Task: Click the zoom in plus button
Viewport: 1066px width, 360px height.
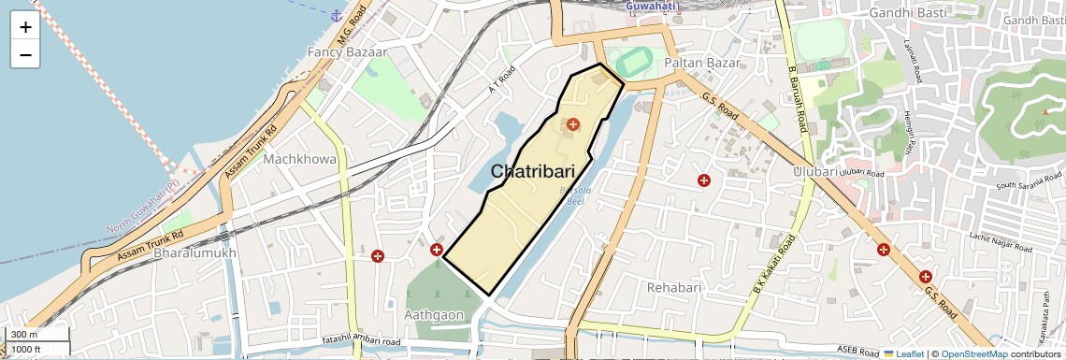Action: click(x=25, y=27)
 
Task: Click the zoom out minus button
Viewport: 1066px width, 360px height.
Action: click(x=25, y=55)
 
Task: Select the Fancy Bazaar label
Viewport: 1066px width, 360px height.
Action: click(x=346, y=53)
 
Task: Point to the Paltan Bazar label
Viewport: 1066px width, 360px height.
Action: click(x=701, y=63)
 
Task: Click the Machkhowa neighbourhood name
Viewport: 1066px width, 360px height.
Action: click(x=300, y=159)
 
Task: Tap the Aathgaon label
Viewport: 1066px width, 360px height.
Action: click(x=435, y=315)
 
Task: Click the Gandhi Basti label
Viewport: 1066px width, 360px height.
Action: click(x=908, y=13)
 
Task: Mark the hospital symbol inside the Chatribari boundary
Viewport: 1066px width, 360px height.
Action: click(x=572, y=124)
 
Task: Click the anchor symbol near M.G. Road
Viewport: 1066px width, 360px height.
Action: click(x=336, y=15)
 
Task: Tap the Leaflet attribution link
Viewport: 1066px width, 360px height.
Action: click(x=903, y=353)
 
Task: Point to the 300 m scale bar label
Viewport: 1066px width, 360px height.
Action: click(x=24, y=335)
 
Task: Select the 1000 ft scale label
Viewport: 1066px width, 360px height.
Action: click(x=26, y=349)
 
